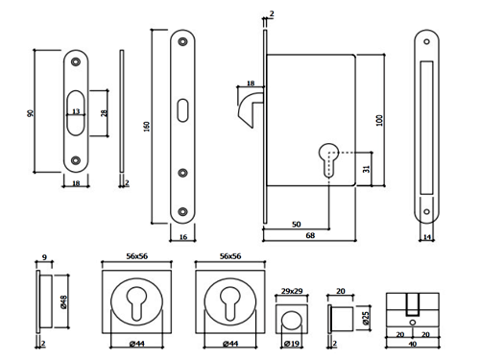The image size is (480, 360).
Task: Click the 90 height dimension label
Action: tap(31, 113)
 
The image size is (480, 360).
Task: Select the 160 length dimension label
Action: tap(147, 127)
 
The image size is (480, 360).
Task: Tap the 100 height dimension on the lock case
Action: tap(379, 120)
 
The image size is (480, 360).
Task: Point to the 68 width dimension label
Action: tap(310, 235)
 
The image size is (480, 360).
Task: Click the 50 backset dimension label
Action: tap(297, 224)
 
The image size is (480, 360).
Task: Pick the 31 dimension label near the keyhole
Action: tap(366, 169)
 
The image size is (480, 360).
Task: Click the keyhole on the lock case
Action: tap(328, 159)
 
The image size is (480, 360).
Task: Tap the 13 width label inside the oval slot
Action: tap(76, 111)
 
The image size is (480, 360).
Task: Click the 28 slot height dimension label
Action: tap(105, 113)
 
